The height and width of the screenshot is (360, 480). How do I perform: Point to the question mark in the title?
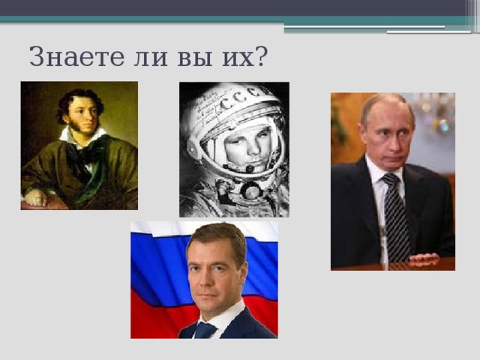(263, 56)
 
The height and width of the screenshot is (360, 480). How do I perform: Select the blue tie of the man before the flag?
(204, 331)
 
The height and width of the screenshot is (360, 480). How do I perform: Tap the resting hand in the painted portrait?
(35, 197)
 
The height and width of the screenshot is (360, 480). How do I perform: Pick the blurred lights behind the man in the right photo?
(435, 112)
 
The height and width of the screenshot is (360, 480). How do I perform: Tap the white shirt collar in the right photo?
(379, 169)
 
